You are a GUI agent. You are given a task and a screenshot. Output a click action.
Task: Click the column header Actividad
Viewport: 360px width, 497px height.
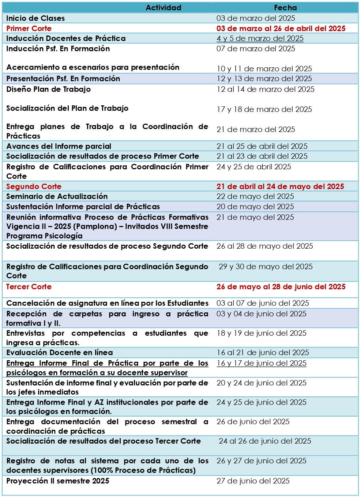(x=163, y=8)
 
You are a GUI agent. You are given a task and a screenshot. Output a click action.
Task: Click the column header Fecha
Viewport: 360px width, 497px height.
(x=285, y=8)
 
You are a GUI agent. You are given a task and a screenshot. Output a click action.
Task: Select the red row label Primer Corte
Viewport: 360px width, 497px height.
(x=29, y=29)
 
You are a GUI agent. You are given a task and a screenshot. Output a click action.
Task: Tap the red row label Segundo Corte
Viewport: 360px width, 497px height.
(x=34, y=187)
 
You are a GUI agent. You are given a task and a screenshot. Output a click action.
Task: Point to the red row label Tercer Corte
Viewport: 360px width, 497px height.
(x=29, y=287)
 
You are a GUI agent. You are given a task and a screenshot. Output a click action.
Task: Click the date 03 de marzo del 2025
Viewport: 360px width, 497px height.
(x=255, y=18)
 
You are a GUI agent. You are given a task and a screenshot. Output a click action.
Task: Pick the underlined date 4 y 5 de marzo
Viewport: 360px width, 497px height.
(x=260, y=38)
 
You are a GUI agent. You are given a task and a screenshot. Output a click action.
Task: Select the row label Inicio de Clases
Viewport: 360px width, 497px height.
(x=35, y=18)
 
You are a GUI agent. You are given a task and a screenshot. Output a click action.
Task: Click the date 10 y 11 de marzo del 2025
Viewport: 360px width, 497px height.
(x=264, y=69)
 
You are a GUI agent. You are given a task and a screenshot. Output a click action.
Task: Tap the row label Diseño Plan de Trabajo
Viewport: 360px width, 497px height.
(x=48, y=89)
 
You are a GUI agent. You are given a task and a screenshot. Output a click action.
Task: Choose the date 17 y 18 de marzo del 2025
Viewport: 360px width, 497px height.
(x=264, y=109)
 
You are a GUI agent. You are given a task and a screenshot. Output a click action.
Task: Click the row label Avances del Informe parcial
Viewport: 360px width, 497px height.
(x=59, y=146)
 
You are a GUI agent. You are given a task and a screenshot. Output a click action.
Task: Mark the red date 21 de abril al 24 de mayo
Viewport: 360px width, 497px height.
(x=280, y=187)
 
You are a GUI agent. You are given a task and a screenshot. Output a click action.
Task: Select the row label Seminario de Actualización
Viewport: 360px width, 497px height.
(x=57, y=196)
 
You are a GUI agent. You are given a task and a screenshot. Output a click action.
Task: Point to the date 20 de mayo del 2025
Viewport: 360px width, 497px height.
(x=255, y=207)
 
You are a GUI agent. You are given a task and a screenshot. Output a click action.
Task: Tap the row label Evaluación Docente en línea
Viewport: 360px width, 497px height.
(x=59, y=353)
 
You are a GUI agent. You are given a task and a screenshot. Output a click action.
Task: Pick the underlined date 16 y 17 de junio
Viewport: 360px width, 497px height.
(x=261, y=363)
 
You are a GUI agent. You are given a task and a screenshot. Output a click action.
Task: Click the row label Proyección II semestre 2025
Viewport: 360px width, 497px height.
(x=57, y=481)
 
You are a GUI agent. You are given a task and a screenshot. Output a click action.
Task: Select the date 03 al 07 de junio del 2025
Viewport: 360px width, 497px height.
(x=263, y=303)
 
